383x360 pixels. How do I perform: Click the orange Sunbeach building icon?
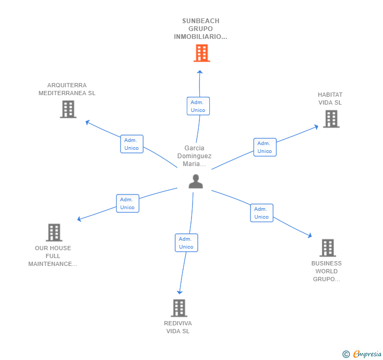201,53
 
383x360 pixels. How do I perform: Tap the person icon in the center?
196,181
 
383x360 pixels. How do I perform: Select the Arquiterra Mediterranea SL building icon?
68,109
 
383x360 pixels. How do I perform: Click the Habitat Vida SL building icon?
331,119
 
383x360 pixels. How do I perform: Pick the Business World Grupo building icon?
327,248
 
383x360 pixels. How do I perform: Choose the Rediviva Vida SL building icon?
179,308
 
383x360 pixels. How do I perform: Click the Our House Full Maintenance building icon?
54,232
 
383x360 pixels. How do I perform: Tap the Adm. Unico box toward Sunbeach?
198,106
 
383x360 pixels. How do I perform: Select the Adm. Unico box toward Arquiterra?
132,144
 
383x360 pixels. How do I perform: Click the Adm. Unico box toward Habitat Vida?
265,147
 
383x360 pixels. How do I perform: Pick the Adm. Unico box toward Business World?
261,213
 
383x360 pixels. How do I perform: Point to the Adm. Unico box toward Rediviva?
186,243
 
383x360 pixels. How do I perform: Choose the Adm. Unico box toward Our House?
127,203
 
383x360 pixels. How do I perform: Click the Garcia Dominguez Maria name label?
194,156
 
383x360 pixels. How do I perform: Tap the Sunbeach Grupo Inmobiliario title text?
200,29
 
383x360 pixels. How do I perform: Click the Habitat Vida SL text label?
330,99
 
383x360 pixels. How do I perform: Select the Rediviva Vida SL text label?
178,327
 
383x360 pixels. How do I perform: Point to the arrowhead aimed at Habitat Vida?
316,126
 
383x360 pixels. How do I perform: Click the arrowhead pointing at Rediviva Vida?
179,292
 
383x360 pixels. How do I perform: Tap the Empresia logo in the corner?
362,354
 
